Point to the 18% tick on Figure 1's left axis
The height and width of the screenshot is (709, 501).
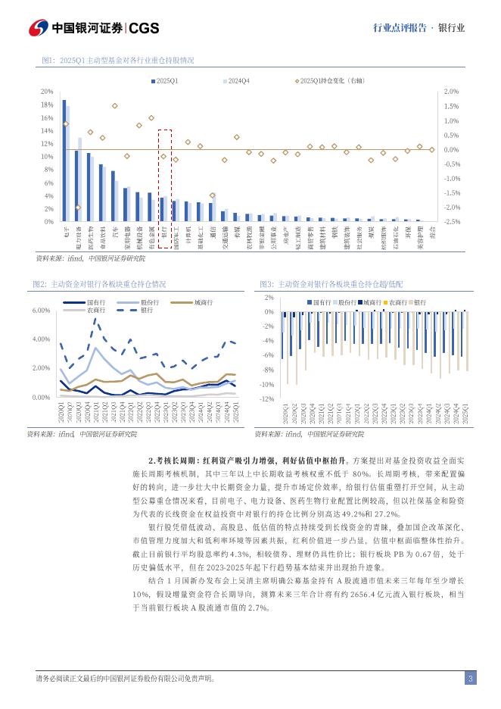coord(47,105)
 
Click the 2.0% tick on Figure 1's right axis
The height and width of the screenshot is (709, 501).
coord(450,91)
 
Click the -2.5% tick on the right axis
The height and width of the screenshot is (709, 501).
coord(450,222)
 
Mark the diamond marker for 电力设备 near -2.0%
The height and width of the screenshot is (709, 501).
coord(77,207)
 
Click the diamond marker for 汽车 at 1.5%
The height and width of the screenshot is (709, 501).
coord(114,106)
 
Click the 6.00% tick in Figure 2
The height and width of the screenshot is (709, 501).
coord(41,311)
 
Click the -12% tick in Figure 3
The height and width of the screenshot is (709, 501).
coord(267,398)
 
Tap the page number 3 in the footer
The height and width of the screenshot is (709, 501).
coord(470,678)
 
